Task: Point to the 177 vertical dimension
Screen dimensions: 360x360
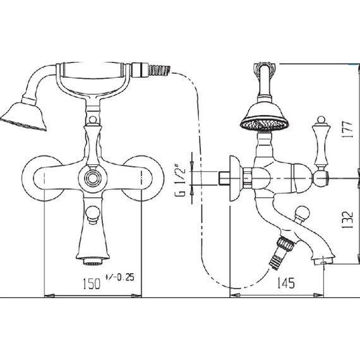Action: (x=347, y=129)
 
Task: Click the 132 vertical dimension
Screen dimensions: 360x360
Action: (x=347, y=220)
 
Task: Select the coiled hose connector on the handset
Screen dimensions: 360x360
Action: (x=159, y=69)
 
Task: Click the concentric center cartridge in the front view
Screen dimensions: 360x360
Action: (x=92, y=178)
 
